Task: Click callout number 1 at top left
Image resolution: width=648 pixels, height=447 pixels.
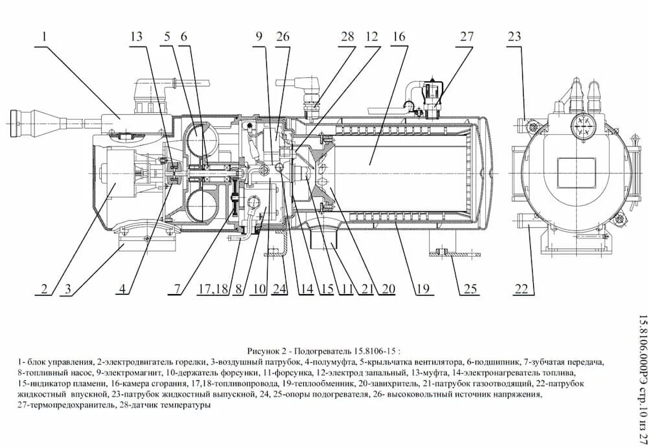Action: [x=44, y=38]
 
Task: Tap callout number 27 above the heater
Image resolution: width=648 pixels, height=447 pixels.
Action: [x=467, y=38]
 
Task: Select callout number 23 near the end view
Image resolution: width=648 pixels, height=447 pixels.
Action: [x=514, y=38]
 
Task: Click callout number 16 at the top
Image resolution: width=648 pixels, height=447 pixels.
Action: [x=399, y=38]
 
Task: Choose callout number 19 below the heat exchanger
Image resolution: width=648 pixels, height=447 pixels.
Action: [x=423, y=288]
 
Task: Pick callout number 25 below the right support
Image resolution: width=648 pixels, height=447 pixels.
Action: [x=469, y=288]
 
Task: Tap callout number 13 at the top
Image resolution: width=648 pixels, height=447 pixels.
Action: [x=136, y=38]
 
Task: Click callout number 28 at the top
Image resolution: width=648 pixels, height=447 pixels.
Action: [x=348, y=38]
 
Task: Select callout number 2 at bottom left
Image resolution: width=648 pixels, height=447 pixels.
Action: [x=44, y=288]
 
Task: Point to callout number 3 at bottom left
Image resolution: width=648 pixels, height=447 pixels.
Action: [x=67, y=288]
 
